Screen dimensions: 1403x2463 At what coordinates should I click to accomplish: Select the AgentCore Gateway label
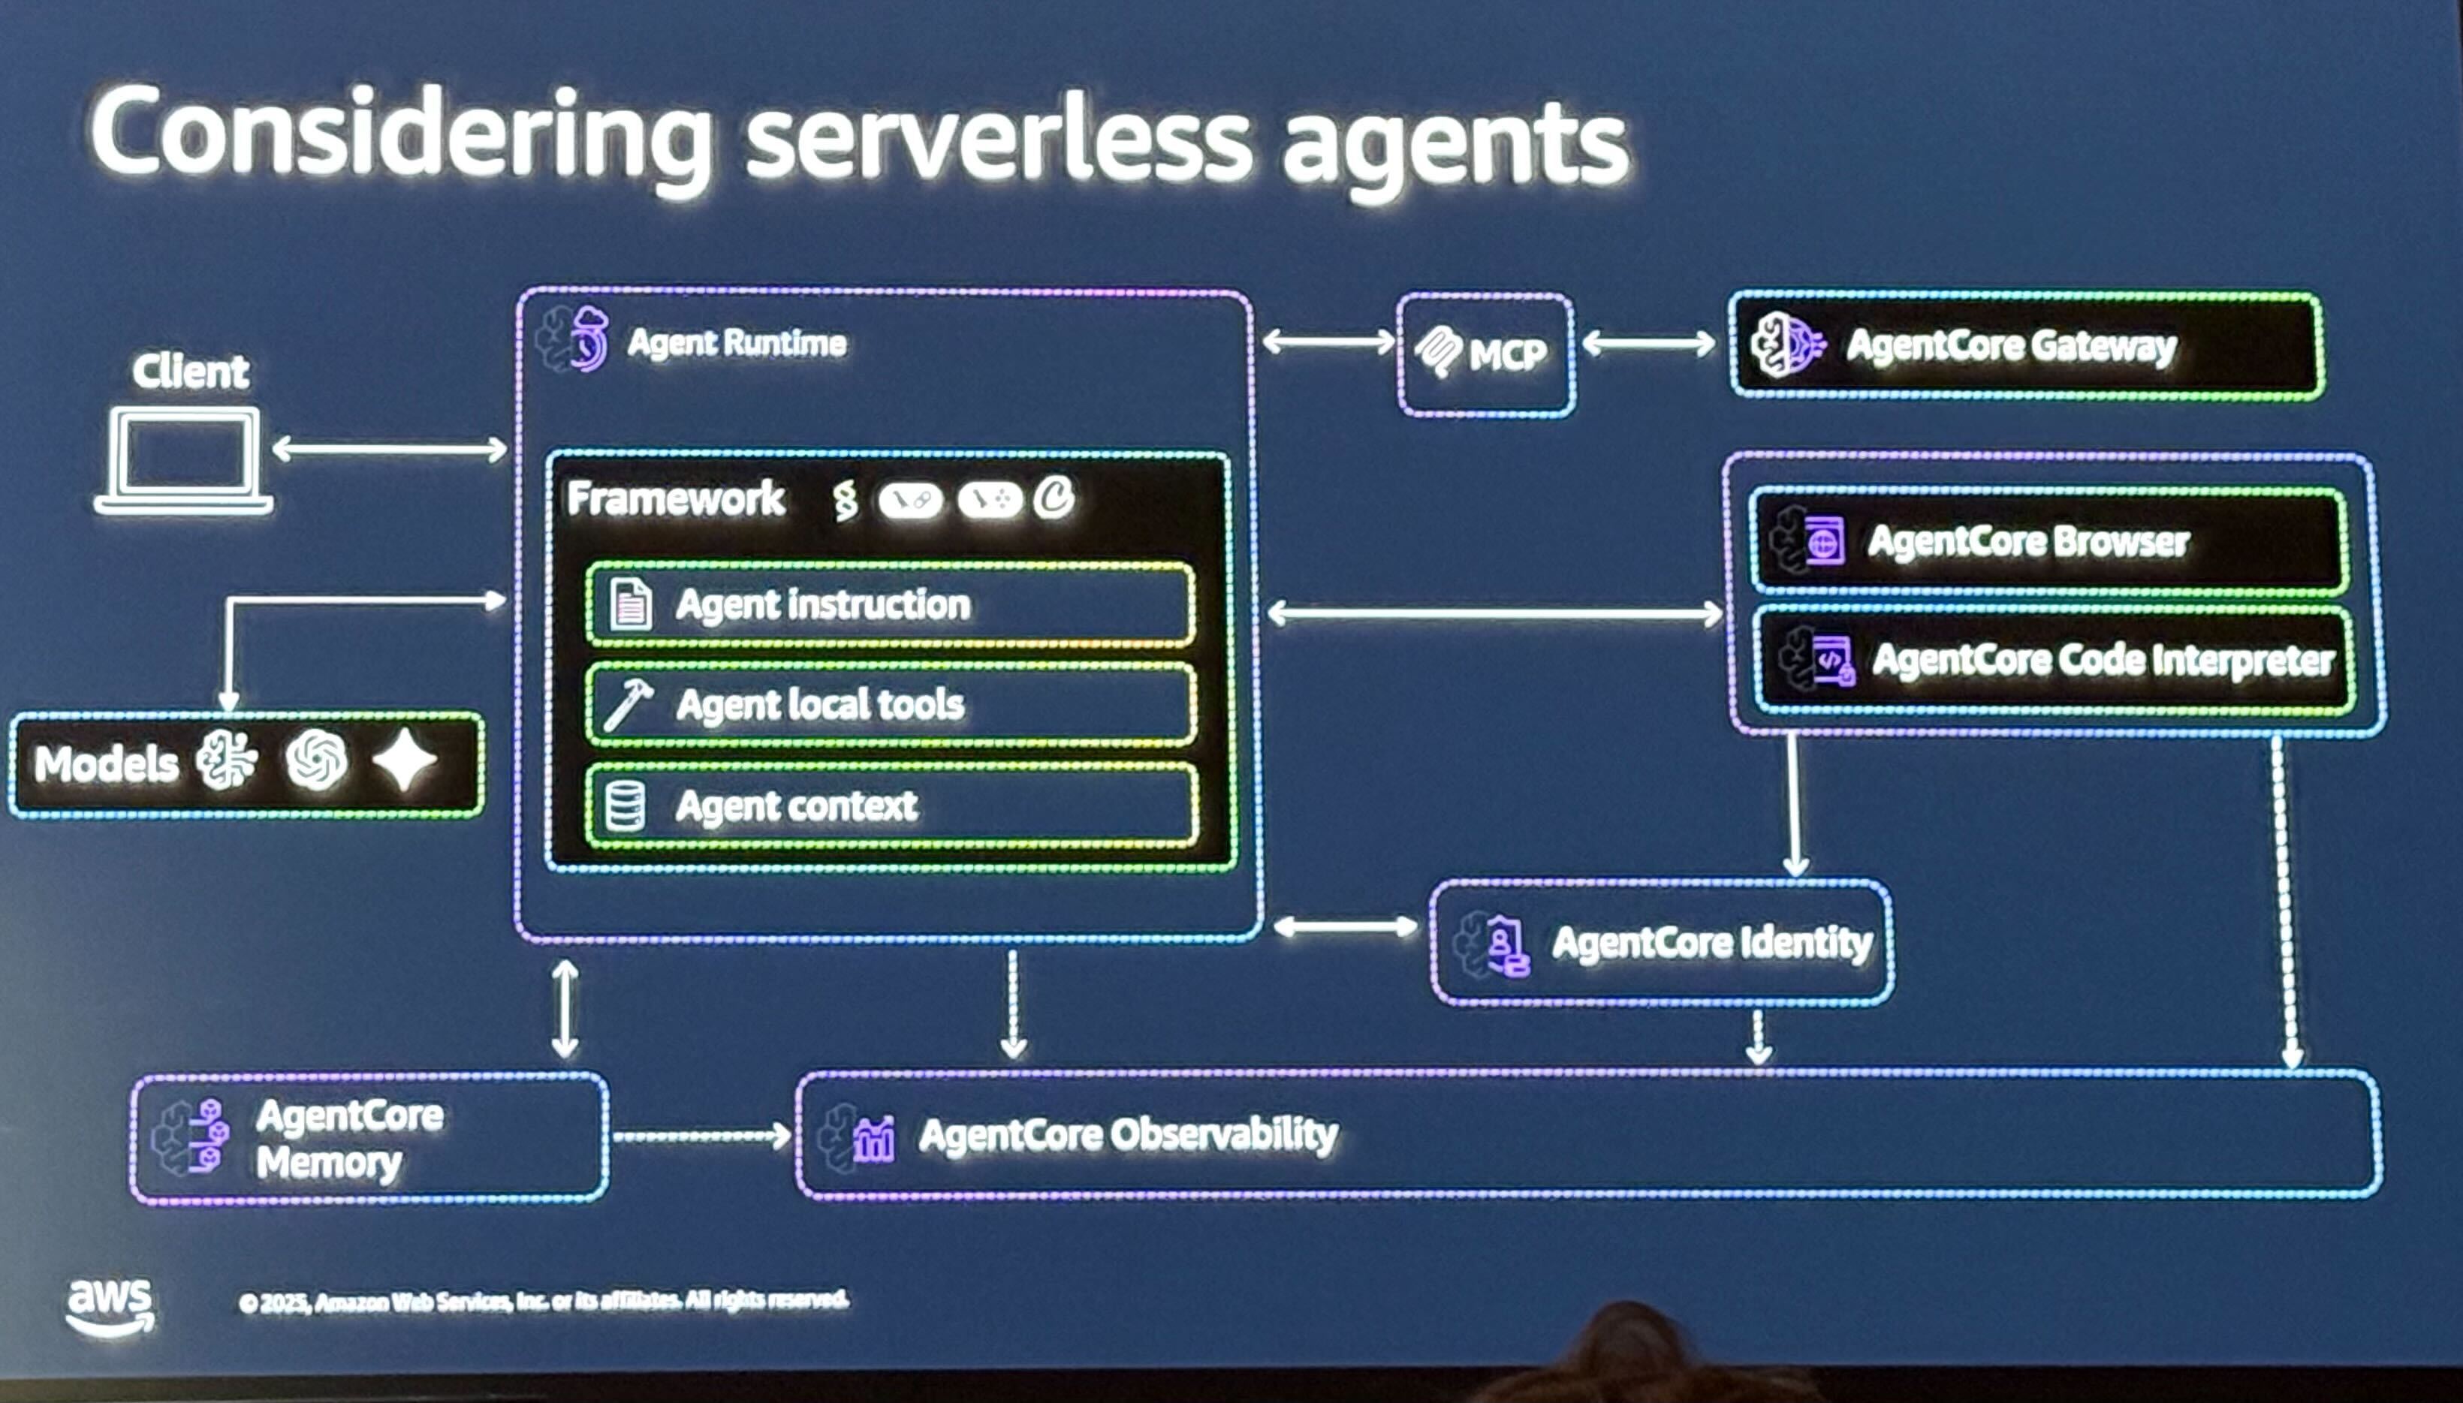(x=2010, y=346)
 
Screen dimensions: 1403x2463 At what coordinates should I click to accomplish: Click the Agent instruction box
(x=891, y=604)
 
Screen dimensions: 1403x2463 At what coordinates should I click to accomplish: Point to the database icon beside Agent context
(x=625, y=806)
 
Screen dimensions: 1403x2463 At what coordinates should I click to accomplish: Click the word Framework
(x=676, y=499)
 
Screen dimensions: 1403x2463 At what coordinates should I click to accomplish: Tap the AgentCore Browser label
(x=2028, y=541)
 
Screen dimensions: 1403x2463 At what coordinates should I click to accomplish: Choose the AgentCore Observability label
(x=1127, y=1135)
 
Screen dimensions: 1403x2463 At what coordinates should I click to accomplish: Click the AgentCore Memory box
(x=369, y=1138)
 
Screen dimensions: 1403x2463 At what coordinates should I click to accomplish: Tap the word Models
(x=106, y=765)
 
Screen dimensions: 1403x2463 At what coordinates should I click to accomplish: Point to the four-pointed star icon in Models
(x=405, y=760)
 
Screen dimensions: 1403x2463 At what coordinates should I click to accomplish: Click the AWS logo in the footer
(x=110, y=1307)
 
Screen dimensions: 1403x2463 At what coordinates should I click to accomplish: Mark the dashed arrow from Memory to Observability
(x=701, y=1137)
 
